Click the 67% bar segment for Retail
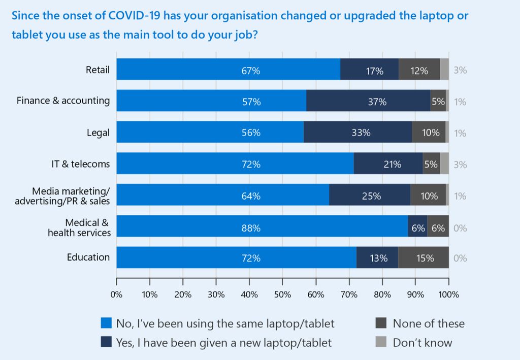[229, 70]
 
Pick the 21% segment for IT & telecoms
[388, 165]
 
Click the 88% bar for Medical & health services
[263, 227]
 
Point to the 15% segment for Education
[424, 258]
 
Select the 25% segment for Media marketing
[370, 196]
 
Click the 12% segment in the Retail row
[419, 70]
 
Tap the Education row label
[88, 257]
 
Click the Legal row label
[98, 133]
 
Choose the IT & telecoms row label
[78, 164]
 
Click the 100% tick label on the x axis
[448, 294]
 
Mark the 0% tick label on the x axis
[117, 294]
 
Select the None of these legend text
[429, 323]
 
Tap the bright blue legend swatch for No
[106, 323]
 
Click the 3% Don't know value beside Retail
[460, 70]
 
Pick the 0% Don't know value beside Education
[460, 258]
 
